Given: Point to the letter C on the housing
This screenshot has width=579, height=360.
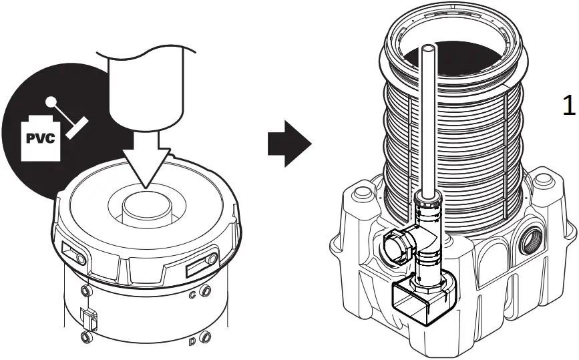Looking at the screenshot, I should pos(193,295).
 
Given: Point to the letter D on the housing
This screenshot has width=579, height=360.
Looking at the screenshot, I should pos(192,342).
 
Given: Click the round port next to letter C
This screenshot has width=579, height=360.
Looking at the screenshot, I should pos(206,291).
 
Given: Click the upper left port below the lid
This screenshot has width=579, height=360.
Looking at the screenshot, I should pos(84,291).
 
